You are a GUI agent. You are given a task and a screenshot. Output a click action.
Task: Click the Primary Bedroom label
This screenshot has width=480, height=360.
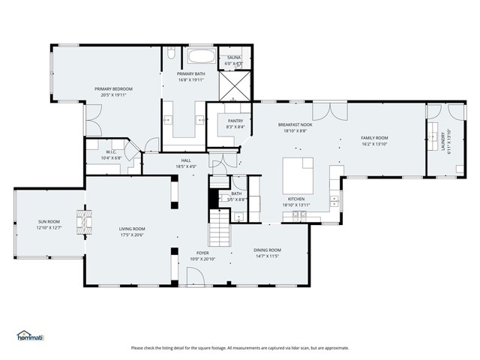(114, 88)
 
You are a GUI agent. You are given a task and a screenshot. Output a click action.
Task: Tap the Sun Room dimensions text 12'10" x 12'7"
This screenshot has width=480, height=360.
(49, 227)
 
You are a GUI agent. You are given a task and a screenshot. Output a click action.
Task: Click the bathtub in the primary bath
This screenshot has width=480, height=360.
(199, 56)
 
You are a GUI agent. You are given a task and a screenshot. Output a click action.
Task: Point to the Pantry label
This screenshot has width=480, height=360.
(235, 121)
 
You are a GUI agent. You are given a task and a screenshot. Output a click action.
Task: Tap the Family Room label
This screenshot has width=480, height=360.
(374, 138)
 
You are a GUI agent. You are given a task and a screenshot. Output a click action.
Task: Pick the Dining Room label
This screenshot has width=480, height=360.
(267, 250)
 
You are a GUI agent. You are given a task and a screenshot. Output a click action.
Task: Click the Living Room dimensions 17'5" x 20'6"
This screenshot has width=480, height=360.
(132, 235)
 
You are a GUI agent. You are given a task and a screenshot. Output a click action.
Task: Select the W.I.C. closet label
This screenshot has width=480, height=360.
(110, 152)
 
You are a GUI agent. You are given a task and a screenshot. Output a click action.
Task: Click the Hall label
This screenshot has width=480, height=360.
(186, 160)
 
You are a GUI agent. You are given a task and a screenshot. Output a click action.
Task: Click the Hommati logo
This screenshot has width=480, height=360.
(31, 336)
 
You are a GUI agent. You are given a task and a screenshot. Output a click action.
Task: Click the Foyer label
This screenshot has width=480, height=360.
(202, 253)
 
